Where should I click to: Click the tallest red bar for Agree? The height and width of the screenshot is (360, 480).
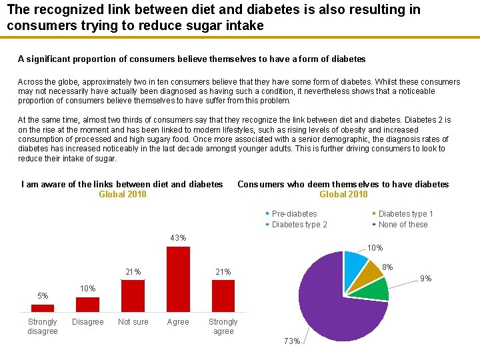(178, 279)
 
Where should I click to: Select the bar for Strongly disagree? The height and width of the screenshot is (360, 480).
(43, 308)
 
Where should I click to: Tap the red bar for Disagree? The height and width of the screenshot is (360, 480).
(87, 304)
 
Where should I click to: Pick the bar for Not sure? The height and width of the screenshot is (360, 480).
(133, 295)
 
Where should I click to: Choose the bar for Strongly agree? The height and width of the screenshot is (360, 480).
(223, 295)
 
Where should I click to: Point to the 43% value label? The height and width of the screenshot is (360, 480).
(178, 238)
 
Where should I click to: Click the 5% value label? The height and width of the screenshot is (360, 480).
(43, 296)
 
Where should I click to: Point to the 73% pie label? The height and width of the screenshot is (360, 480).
(292, 341)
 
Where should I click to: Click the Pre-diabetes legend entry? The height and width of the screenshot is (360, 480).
(294, 214)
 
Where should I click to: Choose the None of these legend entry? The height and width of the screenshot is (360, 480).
(403, 225)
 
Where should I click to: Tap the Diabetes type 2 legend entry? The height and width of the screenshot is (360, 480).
(299, 225)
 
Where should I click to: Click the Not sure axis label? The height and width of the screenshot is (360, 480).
(133, 322)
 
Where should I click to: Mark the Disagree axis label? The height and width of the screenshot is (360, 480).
(87, 322)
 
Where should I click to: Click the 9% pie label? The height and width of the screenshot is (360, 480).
(426, 278)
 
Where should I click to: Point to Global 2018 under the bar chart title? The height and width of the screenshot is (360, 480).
(122, 194)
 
